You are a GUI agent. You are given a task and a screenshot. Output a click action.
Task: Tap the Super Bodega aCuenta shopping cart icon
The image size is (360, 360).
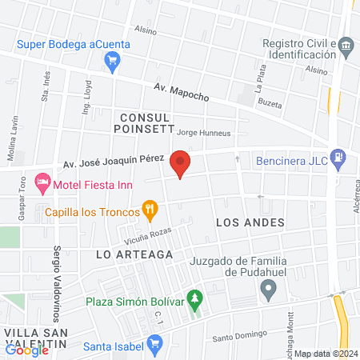point(113,58)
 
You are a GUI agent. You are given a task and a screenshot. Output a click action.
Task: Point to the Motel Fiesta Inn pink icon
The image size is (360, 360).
point(43,183)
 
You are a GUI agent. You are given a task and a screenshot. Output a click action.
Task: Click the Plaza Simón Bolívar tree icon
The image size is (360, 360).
point(194,300)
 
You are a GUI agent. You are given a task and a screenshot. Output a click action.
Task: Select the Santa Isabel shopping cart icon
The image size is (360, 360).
point(156,345)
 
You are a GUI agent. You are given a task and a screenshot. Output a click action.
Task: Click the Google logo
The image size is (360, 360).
point(27,349)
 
